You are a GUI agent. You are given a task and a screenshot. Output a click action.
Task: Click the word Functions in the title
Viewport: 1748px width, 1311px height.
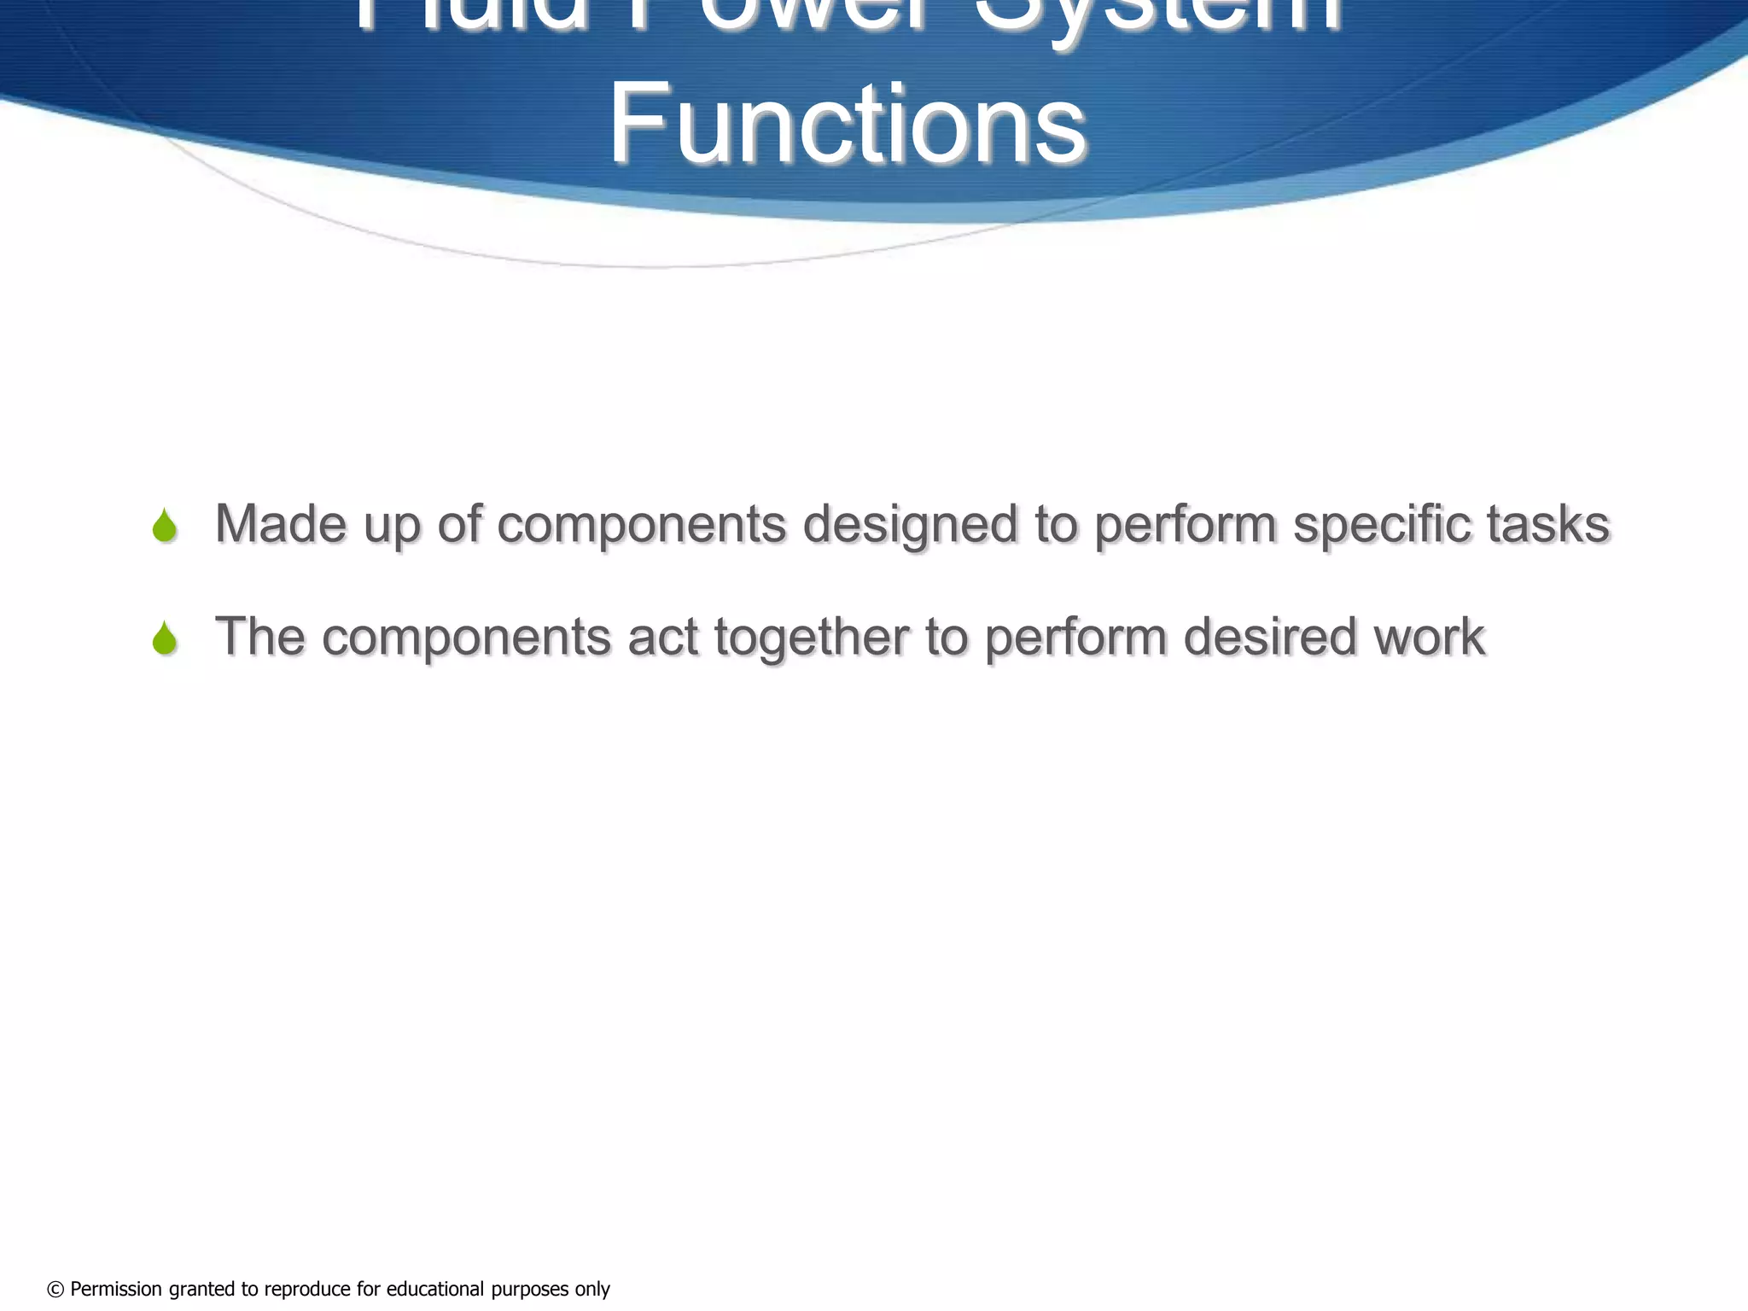tap(847, 124)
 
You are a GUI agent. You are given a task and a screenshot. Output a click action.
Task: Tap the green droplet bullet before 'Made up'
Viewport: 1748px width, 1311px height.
tap(165, 526)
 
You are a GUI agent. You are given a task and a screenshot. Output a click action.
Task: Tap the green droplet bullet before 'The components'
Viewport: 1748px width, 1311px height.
tap(165, 638)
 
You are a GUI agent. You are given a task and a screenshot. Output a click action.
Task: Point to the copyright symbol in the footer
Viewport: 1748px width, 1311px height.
tap(55, 1290)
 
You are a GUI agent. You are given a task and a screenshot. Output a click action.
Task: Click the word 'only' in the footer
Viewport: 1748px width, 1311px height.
tap(592, 1290)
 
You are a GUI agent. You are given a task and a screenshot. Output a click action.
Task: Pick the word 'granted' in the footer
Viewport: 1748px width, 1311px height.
tap(201, 1290)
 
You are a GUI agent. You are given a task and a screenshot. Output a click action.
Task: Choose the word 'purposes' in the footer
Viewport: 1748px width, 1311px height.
tap(530, 1290)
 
